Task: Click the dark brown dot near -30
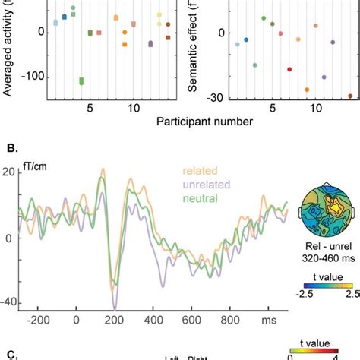pos(350,96)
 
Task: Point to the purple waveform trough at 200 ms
pos(115,306)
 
